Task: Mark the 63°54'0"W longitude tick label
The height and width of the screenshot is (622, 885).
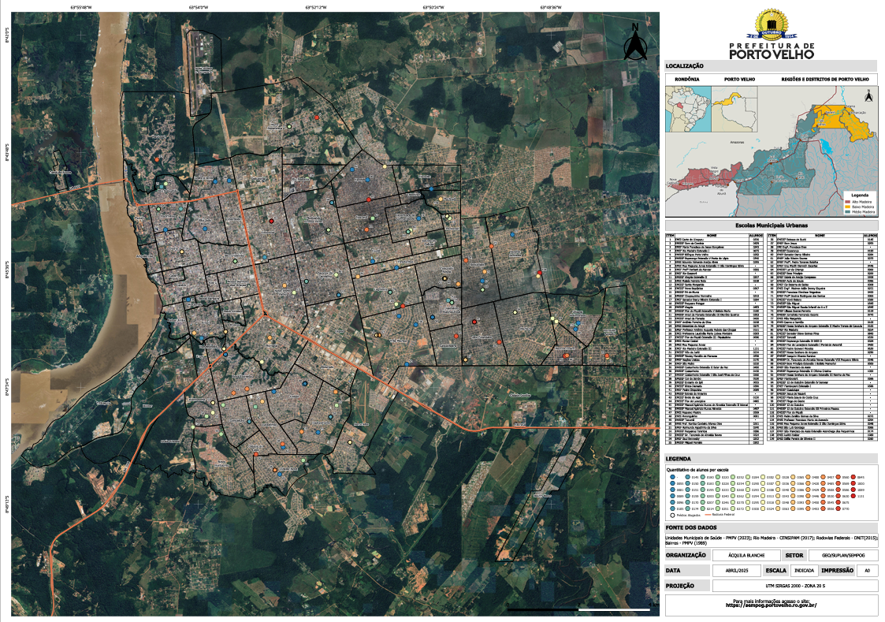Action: (198, 6)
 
